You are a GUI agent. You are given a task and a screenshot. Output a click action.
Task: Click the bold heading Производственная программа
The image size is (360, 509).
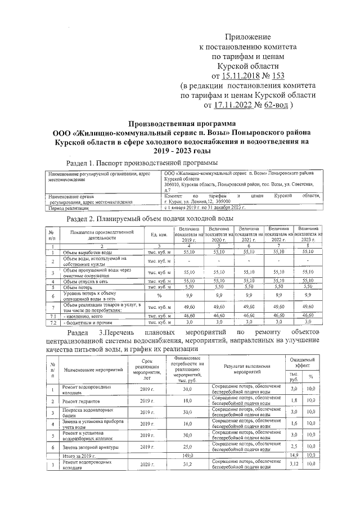tap(181, 123)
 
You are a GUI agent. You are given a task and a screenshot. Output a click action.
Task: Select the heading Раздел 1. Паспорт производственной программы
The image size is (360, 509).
tap(142, 163)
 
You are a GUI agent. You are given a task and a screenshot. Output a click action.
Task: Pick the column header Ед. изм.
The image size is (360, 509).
tap(159, 234)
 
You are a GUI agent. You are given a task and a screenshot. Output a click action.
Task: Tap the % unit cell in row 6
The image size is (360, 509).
tap(159, 295)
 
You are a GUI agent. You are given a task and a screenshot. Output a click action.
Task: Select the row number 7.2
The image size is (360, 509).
tap(52, 323)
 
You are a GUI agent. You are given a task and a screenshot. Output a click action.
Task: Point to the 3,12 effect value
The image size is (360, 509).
tap(293, 465)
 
